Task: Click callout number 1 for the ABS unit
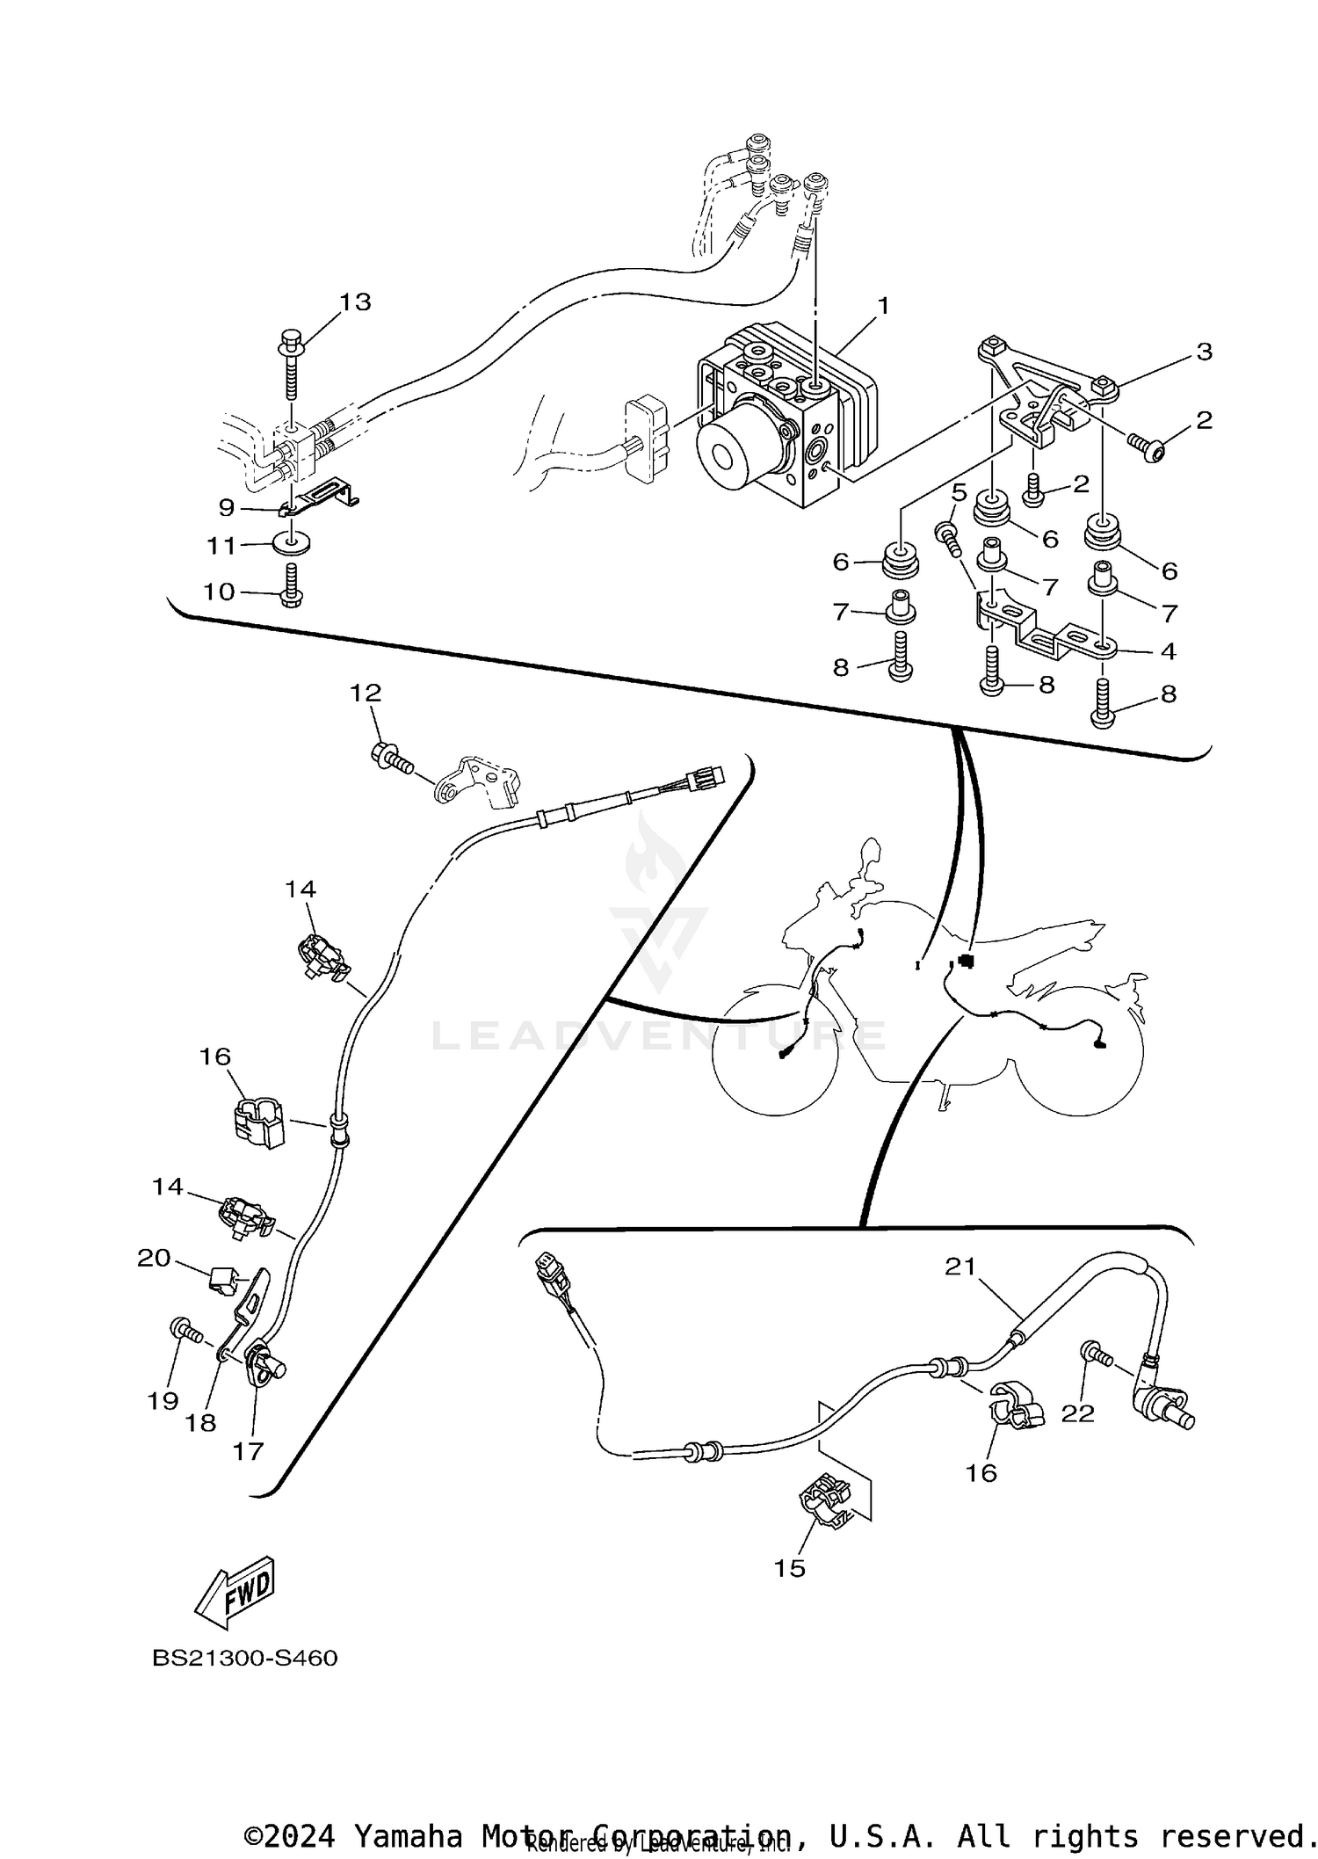pyautogui.click(x=883, y=306)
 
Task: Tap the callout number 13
pyautogui.click(x=356, y=301)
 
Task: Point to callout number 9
pyautogui.click(x=227, y=507)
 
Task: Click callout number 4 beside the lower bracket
pyautogui.click(x=1169, y=651)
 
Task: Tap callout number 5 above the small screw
pyautogui.click(x=958, y=491)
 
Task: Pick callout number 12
pyautogui.click(x=366, y=693)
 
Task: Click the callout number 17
pyautogui.click(x=248, y=1451)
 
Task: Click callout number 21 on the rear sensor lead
pyautogui.click(x=960, y=1267)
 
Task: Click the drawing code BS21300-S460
pyautogui.click(x=245, y=1659)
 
